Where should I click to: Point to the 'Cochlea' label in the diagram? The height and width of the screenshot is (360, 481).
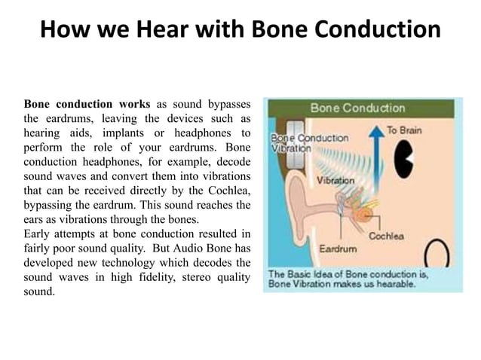[x=386, y=236]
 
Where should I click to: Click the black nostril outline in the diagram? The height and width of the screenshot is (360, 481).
[x=436, y=256]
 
